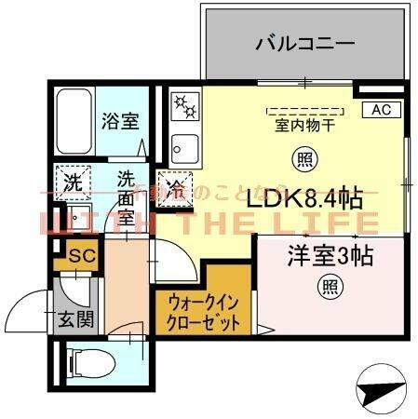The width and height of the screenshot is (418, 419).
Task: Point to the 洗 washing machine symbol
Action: (x=71, y=182)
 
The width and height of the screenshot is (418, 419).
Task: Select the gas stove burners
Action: (x=184, y=104)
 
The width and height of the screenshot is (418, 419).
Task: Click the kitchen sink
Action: (x=183, y=147)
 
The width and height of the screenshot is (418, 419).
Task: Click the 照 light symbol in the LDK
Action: (x=302, y=158)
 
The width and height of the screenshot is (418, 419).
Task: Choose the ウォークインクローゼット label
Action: (x=204, y=312)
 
